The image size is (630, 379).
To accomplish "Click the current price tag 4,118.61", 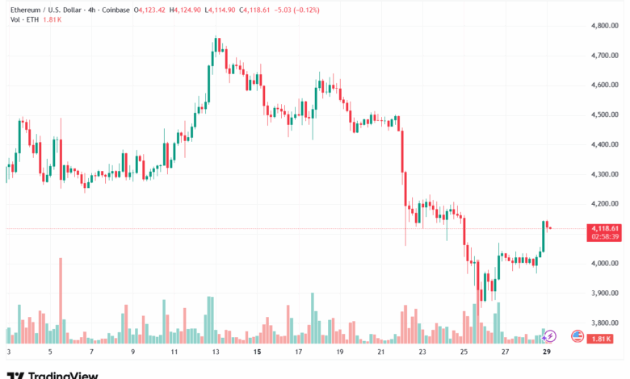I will (x=604, y=228).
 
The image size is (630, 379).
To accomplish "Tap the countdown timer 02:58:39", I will (x=604, y=237).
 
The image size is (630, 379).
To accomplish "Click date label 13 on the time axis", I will (x=215, y=352).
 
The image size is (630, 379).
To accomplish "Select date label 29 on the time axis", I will (x=548, y=352).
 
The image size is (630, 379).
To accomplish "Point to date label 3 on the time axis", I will (x=9, y=352).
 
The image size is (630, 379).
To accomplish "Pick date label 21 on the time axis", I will (x=381, y=352).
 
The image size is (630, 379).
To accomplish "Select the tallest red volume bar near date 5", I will (x=61, y=301).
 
